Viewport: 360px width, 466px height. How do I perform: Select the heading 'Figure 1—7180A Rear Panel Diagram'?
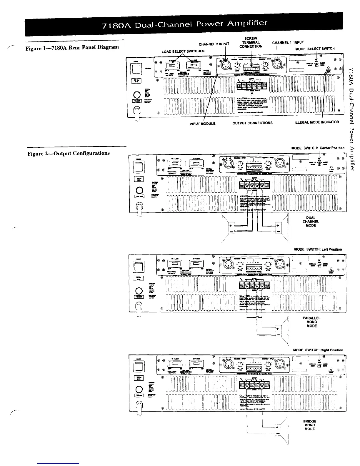pos(73,47)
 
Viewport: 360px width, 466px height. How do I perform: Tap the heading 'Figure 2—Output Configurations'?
pos(69,153)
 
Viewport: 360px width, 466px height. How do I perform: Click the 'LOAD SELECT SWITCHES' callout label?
pos(183,51)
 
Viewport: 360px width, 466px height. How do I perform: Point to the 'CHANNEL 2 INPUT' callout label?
pos(214,44)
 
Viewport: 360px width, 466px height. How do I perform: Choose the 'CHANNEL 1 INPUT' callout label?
pos(284,42)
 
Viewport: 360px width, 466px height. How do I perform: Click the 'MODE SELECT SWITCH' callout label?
pos(315,49)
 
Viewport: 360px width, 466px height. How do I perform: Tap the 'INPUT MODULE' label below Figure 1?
pos(203,124)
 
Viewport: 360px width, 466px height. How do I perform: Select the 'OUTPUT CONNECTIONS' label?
pos(252,123)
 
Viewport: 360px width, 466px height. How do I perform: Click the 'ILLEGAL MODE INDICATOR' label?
pos(317,122)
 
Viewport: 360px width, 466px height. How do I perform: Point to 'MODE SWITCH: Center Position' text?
pos(318,148)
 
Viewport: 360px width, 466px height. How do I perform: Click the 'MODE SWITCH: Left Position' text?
pos(318,249)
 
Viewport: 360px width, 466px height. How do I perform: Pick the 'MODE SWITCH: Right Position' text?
pos(318,350)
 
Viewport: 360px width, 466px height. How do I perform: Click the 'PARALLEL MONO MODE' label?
pos(311,322)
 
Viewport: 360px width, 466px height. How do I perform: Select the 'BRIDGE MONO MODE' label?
pos(309,425)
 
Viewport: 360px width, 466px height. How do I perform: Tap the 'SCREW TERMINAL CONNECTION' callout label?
pos(251,42)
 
